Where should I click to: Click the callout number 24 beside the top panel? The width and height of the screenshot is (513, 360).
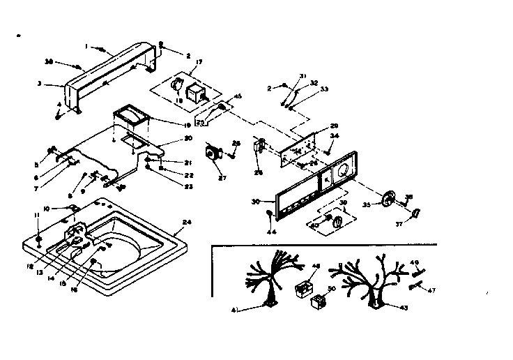(186, 223)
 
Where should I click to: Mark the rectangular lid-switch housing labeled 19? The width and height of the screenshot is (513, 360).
(132, 115)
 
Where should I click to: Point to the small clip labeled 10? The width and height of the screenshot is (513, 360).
(72, 208)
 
